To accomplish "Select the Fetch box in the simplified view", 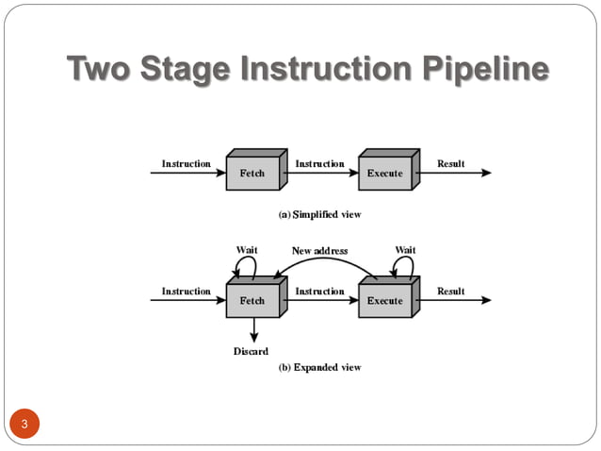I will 252,174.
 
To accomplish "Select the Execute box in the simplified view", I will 384,174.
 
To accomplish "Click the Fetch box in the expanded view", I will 252,300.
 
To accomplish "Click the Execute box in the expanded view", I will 384,300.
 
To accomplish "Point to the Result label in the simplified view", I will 450,163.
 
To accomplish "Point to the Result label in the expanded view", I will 450,291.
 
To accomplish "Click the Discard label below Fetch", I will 251,351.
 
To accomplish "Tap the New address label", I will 319,250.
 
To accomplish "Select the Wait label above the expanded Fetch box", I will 246,249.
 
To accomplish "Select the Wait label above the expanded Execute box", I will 405,249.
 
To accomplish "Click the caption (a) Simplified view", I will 319,214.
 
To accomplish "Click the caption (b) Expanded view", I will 319,367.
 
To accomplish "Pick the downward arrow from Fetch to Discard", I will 253,330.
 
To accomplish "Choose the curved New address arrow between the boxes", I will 325,261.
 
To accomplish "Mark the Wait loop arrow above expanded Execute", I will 402,267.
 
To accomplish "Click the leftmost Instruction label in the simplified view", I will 186,163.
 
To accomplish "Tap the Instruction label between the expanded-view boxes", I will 319,291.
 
